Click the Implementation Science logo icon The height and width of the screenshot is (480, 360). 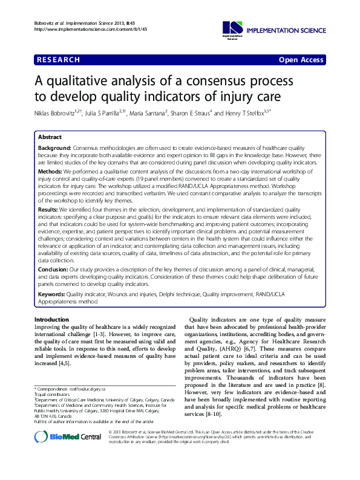pos(232,27)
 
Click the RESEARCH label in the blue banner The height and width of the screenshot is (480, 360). pos(59,59)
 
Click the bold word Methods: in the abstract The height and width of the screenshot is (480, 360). pos(51,172)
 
